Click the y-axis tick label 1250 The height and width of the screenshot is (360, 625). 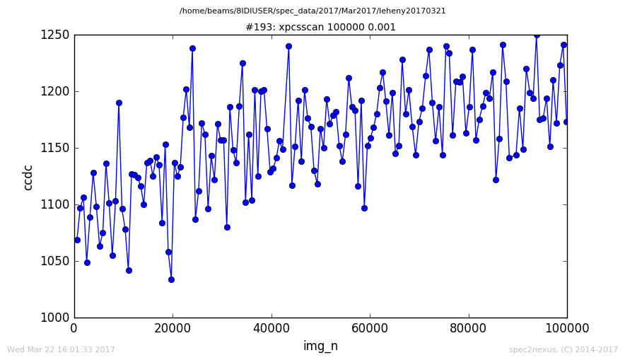(x=55, y=35)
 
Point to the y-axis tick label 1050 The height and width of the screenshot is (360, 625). (x=55, y=261)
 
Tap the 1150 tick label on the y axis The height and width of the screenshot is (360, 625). (x=55, y=148)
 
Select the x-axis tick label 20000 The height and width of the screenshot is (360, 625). (x=173, y=328)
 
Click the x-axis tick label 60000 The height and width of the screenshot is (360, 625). (x=370, y=328)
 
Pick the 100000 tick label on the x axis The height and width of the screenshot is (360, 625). (x=567, y=328)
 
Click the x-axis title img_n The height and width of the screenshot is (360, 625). (x=320, y=345)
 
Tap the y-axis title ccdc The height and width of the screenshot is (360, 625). (x=28, y=178)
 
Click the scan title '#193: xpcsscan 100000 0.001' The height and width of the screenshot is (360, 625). (x=321, y=27)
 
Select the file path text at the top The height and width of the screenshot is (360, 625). (x=312, y=11)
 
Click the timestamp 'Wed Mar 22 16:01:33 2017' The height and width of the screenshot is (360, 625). (x=61, y=349)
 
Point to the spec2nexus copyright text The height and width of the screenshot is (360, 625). (x=563, y=349)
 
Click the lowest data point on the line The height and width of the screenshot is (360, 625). (x=171, y=279)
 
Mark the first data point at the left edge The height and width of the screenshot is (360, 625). (x=77, y=240)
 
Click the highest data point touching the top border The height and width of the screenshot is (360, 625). (x=537, y=35)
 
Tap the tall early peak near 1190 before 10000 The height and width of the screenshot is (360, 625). (x=119, y=103)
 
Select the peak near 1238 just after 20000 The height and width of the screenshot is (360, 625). (x=192, y=48)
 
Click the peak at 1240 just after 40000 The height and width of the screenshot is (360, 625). (x=289, y=46)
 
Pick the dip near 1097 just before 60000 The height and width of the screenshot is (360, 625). (x=364, y=208)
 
